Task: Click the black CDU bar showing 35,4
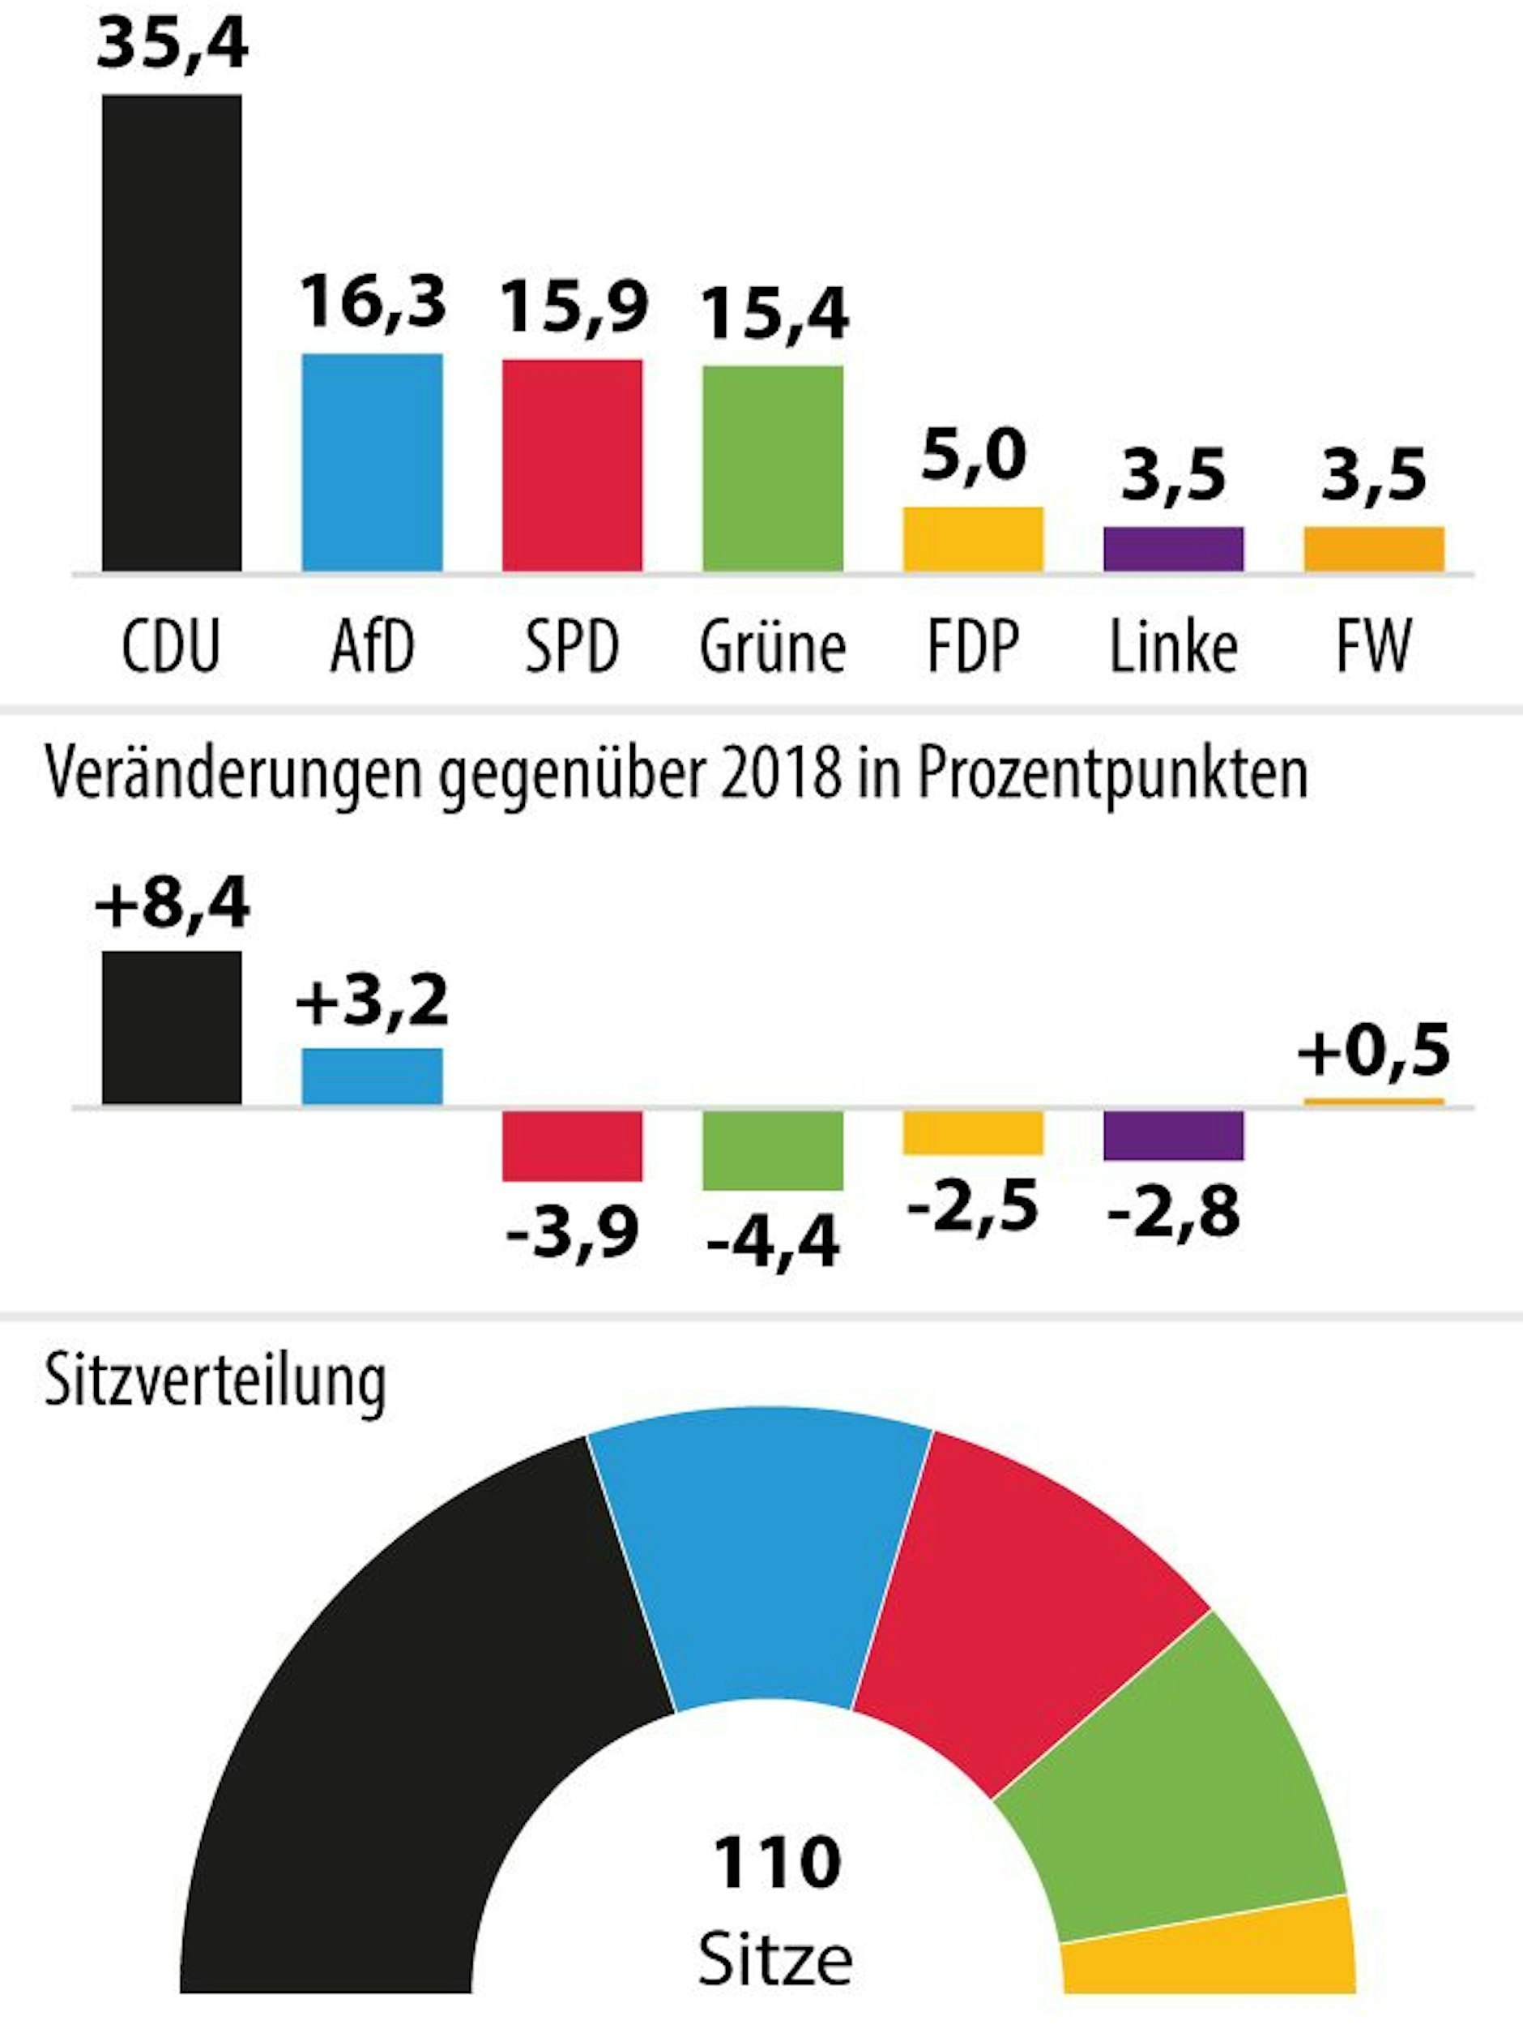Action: [172, 332]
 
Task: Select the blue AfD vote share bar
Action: [372, 462]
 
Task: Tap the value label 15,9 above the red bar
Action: [574, 307]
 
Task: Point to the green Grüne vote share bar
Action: [773, 469]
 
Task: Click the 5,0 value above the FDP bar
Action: [973, 455]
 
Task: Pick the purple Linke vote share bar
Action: [1173, 549]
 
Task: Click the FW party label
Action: [1373, 646]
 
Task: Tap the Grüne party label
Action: [773, 648]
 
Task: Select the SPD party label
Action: [571, 646]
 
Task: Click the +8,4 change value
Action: [172, 904]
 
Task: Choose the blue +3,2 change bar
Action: [372, 1076]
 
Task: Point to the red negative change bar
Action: [572, 1146]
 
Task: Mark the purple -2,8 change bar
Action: [1173, 1136]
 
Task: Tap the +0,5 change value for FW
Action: [1373, 1051]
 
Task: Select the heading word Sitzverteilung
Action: [215, 1380]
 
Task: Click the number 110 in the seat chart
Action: [776, 1863]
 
